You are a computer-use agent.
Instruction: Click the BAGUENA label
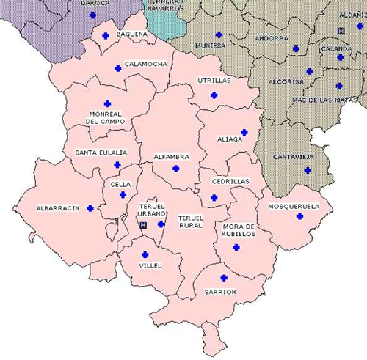[x=131, y=34]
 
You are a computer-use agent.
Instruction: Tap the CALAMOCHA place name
[x=145, y=64]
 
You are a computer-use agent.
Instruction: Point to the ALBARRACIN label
[x=57, y=208]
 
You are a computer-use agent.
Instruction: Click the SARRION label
[x=220, y=292]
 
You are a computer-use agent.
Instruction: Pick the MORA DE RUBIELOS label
[x=239, y=230]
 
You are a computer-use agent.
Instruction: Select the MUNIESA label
[x=211, y=45]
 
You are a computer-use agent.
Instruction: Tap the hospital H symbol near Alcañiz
[x=340, y=30]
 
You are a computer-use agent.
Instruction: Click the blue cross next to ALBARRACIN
[x=90, y=208]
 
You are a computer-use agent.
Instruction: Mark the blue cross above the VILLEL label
[x=145, y=254]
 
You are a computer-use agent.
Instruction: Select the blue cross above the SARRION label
[x=224, y=279]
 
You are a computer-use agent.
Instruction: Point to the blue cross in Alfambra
[x=175, y=169]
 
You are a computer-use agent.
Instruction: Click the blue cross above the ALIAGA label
[x=244, y=132]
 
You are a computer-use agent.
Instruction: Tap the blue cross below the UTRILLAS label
[x=214, y=95]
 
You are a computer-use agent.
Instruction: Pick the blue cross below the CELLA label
[x=123, y=195]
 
